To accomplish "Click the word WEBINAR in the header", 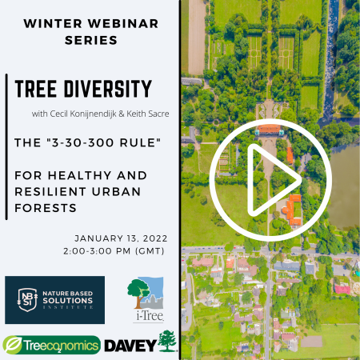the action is tap(123, 23).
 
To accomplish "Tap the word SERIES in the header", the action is tap(91, 40).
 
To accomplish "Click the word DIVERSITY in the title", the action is tap(108, 89).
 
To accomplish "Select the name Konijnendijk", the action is tap(93, 114).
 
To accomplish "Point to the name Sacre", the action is tap(158, 114).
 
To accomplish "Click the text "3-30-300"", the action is tap(82, 142).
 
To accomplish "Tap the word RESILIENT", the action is tap(50, 192).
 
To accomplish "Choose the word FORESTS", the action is tap(46, 208).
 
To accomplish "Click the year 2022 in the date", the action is tap(155, 238).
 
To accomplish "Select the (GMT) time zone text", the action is tap(150, 251).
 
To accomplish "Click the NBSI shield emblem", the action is tap(27, 300).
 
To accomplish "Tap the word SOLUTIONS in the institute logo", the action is tap(68, 301).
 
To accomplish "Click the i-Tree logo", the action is tap(146, 299).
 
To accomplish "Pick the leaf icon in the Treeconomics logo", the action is tap(12, 345).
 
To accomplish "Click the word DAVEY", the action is tap(130, 346).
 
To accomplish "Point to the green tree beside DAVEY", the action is tap(167, 341).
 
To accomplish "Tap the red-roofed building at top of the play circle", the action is tap(270, 129).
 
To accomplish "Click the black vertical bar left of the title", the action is tap(6, 146).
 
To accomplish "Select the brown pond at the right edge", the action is tap(344, 186).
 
